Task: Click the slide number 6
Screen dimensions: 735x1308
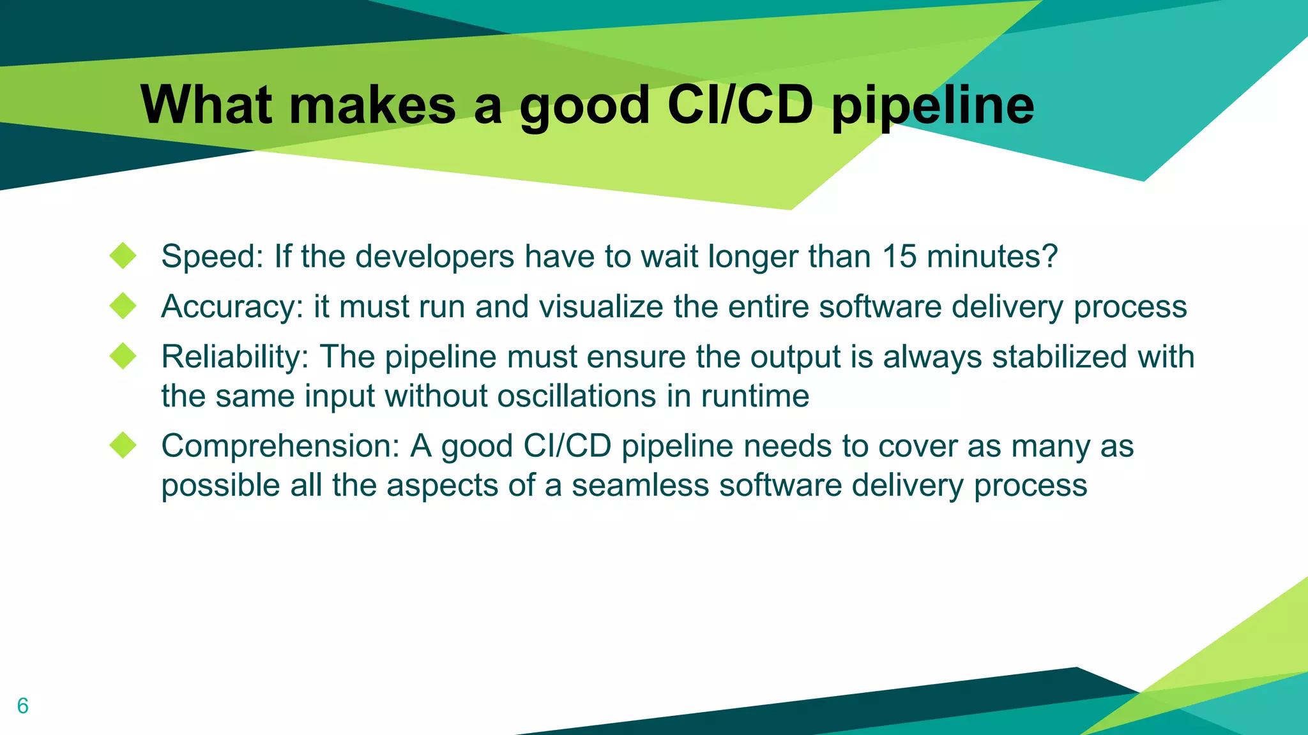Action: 23,706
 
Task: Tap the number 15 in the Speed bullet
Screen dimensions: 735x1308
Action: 899,256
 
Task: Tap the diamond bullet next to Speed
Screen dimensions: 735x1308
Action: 123,256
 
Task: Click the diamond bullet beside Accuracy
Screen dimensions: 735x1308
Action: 123,306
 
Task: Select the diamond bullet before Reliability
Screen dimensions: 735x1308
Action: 123,356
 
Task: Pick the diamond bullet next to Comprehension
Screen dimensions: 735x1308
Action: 123,445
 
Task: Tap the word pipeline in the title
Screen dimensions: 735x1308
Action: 932,106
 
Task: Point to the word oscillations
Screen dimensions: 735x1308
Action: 577,396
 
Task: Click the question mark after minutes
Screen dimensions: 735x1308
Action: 1050,256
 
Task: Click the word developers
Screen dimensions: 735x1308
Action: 434,257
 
